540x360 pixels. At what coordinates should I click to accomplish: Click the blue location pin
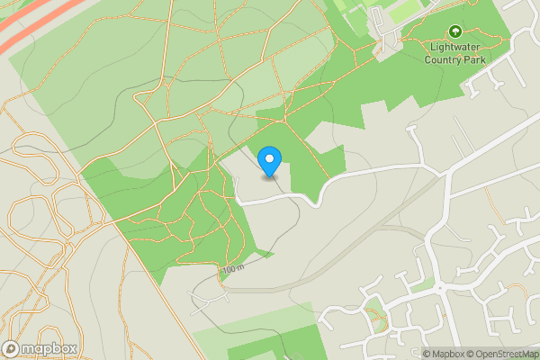tap(269, 161)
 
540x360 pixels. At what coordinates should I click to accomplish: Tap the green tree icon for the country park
tap(454, 31)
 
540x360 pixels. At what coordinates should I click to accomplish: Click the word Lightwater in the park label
tap(455, 48)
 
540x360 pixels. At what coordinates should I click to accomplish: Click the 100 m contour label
tap(231, 269)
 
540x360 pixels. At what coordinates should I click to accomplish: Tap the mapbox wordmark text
tap(49, 349)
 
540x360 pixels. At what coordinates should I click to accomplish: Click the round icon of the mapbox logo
tap(12, 349)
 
